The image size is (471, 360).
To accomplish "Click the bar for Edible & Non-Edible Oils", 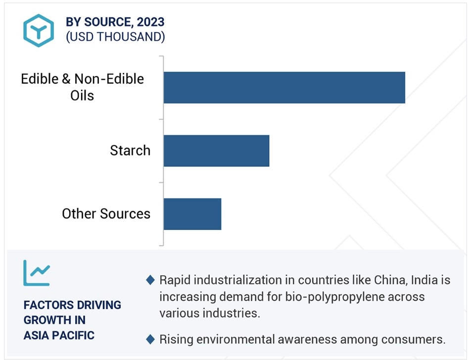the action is tap(284, 88).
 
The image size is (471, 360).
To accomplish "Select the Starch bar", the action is tap(216, 151).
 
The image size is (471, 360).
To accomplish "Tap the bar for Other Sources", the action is tap(192, 214).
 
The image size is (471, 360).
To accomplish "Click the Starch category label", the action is tap(130, 151).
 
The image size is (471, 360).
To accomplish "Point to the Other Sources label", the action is tap(106, 214).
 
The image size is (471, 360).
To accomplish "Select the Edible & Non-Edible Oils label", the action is tap(82, 87).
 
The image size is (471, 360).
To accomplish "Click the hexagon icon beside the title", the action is tap(39, 30).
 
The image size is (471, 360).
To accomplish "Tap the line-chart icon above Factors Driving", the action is tap(37, 273).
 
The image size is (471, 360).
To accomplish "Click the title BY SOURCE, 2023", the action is tap(115, 22).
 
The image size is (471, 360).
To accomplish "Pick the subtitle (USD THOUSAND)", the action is tap(115, 37).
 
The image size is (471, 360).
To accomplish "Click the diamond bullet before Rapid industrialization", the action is tap(150, 280).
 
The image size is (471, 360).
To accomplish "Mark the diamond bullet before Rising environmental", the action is tap(150, 339).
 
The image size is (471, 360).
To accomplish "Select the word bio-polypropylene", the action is tap(335, 297).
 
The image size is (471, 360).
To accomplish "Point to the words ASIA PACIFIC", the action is tap(59, 335).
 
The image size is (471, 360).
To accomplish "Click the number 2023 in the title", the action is tap(151, 22).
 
